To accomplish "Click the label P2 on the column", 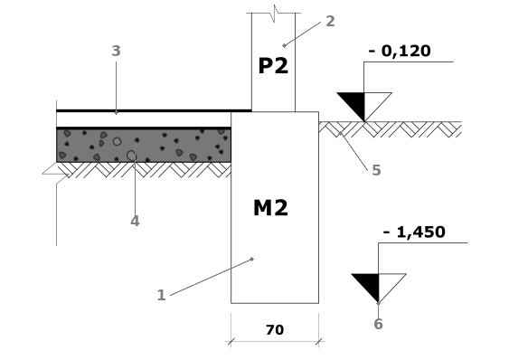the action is (273, 66).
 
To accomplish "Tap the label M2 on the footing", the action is (270, 208).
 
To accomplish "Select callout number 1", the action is (161, 295).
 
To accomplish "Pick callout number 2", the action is (330, 21).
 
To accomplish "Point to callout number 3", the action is (116, 51).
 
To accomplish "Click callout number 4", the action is (135, 221).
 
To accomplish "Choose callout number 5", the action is (376, 170).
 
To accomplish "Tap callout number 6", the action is (378, 324).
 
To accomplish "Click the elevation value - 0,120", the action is (400, 51).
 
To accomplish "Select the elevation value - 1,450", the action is (414, 232).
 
